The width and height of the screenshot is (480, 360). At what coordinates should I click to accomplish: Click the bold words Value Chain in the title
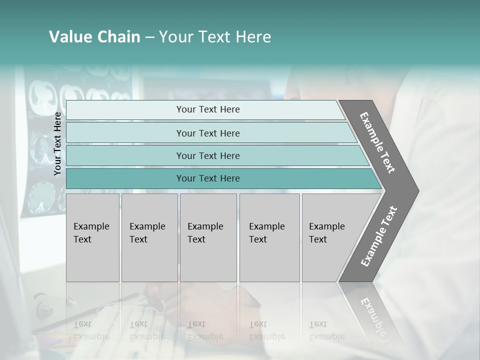tap(94, 37)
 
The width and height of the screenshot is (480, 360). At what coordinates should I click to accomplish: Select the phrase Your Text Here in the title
tap(215, 37)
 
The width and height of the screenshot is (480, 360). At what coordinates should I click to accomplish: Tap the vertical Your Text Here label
tap(57, 143)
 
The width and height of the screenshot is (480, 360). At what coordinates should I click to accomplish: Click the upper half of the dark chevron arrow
tap(377, 142)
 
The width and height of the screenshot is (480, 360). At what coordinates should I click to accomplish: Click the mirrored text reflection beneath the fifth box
tap(326, 330)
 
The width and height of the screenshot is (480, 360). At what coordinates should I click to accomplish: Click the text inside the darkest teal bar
tap(208, 178)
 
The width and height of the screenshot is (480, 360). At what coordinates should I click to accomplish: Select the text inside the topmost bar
tap(208, 109)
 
